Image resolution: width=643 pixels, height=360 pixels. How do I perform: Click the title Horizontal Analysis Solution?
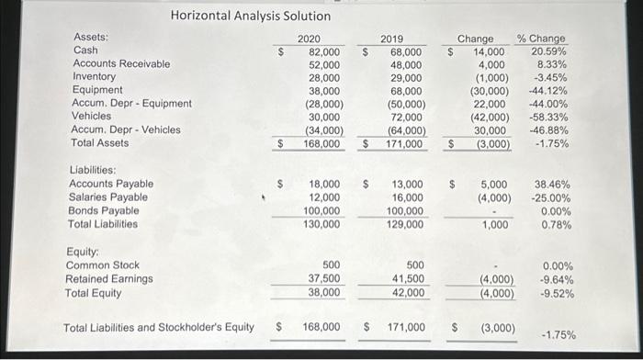pos(250,17)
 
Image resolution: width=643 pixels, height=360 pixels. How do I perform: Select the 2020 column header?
pos(310,38)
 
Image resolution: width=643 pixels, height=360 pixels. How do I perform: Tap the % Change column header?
pos(542,38)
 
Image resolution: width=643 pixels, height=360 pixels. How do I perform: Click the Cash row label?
pos(85,51)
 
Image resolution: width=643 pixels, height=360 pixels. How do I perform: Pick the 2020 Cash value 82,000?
pos(321,51)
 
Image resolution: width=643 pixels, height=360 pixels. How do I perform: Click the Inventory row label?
pos(95,77)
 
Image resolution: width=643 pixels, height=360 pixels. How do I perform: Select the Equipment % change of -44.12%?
pos(548,91)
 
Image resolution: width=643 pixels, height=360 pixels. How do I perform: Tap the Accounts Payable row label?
pos(111,184)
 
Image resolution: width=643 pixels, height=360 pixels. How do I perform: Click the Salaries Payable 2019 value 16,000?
pos(405,197)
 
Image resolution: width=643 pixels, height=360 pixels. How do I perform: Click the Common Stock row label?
pos(102,265)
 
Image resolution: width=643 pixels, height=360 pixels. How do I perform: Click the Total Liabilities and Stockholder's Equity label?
pos(158,327)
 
